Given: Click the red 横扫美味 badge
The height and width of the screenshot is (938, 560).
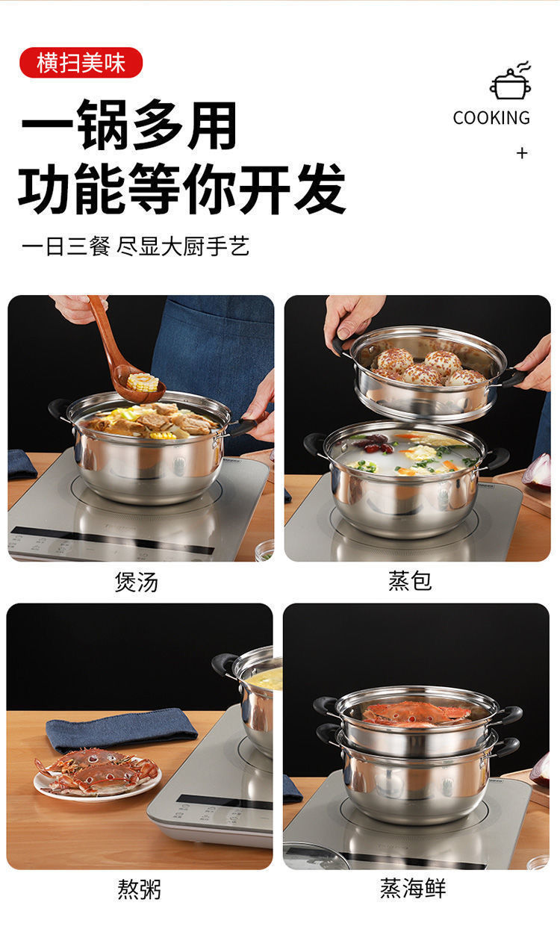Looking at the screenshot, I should tap(81, 63).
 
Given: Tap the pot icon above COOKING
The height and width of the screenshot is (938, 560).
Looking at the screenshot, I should tap(511, 82).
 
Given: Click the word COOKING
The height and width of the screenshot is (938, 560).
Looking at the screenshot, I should tap(491, 117).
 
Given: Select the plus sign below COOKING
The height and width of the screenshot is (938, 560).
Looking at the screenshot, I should tap(522, 153).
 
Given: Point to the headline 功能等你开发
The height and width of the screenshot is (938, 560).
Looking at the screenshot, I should tap(181, 188).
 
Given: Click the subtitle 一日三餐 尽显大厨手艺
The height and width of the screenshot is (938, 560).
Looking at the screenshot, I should tap(135, 246).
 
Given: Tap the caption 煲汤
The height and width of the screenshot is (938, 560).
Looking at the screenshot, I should tap(137, 581).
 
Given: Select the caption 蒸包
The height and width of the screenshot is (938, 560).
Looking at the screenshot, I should tap(410, 581).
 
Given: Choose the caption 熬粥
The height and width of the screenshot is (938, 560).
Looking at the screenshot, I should tap(139, 889).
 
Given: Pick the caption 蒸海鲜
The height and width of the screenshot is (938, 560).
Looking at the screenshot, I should tap(413, 889).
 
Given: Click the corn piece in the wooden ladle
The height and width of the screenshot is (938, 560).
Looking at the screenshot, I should tap(143, 383).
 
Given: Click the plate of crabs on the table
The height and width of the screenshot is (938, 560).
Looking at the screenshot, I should tap(97, 772).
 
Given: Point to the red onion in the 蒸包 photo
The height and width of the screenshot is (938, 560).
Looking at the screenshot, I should tap(538, 470).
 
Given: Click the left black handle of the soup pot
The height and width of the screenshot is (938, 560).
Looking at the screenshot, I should tap(59, 409).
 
